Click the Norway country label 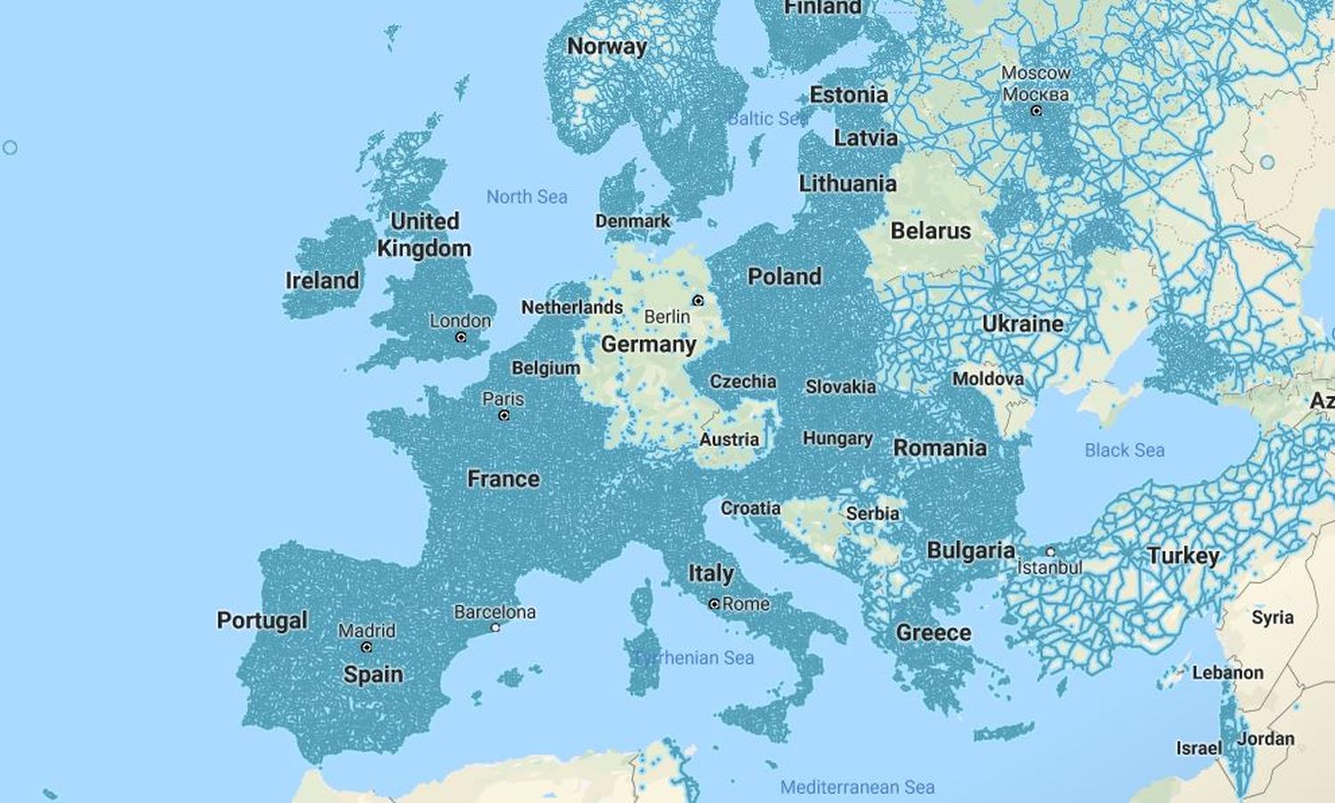[x=607, y=46]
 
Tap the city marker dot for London [x=461, y=337]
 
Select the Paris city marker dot [x=504, y=416]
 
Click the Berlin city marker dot [x=698, y=301]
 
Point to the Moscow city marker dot [x=1036, y=111]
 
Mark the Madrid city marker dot [x=367, y=647]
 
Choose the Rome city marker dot [x=714, y=604]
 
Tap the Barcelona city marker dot [x=496, y=628]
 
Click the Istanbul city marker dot [x=1050, y=552]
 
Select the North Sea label [x=527, y=197]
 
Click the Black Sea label [x=1124, y=450]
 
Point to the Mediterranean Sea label [x=857, y=787]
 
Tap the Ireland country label [x=322, y=280]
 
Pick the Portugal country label [x=263, y=620]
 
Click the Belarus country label [x=931, y=231]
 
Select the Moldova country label [x=988, y=379]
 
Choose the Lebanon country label [x=1227, y=673]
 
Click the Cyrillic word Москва [x=1035, y=93]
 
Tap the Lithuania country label [x=847, y=184]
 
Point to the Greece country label [x=934, y=633]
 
